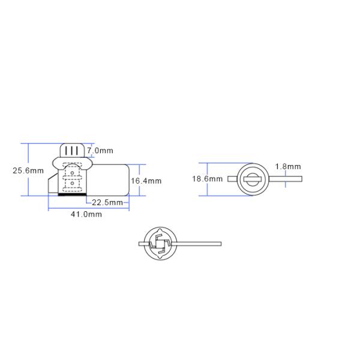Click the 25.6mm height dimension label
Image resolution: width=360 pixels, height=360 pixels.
pos(28,170)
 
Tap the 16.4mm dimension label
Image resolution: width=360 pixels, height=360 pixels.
pos(146,181)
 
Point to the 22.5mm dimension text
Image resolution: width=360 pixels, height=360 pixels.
pos(108,202)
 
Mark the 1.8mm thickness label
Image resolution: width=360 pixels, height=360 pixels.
pos(288,166)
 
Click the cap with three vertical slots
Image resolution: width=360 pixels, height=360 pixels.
pos(72,150)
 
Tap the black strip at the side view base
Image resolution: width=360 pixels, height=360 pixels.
pos(71,194)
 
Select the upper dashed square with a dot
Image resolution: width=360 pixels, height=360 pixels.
pos(72,173)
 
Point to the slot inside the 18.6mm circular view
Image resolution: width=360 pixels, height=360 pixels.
pos(253,179)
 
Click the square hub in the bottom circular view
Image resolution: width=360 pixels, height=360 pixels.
pos(160,244)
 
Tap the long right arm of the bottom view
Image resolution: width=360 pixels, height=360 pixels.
pos(198,244)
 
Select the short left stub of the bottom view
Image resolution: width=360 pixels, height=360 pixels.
pos(142,244)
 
